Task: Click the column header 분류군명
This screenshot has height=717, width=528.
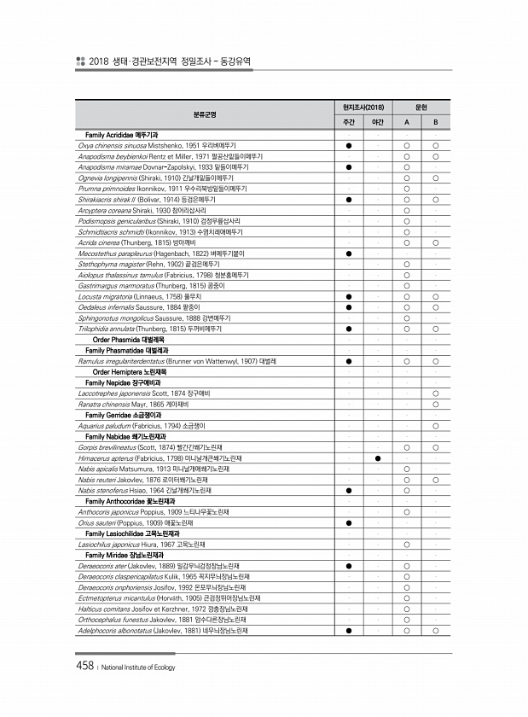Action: [205, 114]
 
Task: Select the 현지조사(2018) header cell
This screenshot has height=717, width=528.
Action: [363, 108]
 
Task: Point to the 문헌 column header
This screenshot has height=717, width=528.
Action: [421, 108]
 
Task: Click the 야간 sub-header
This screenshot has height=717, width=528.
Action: [377, 123]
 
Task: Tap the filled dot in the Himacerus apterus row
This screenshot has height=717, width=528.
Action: [377, 458]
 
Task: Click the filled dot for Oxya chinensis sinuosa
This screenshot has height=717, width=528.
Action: [349, 146]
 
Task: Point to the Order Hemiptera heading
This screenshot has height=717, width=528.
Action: [129, 371]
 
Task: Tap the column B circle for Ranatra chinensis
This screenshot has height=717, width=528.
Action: [435, 403]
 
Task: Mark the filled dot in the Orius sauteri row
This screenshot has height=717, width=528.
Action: [349, 522]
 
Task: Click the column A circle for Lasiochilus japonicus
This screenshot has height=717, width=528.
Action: [406, 544]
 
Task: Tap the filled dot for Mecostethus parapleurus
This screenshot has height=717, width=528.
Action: [349, 254]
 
